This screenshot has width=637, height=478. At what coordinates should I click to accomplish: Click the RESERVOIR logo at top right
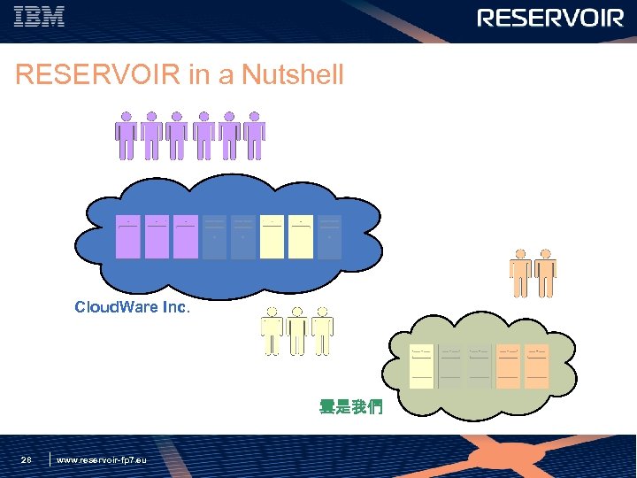pyautogui.click(x=550, y=18)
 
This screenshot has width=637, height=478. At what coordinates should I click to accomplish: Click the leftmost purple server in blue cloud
pyautogui.click(x=128, y=236)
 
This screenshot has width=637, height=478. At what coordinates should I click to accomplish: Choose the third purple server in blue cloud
pyautogui.click(x=186, y=236)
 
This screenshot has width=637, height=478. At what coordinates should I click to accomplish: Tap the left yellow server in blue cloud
pyautogui.click(x=272, y=236)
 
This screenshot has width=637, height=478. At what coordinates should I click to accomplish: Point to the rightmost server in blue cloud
pyautogui.click(x=329, y=236)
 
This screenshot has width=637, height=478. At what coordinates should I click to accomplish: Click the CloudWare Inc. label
pyautogui.click(x=133, y=308)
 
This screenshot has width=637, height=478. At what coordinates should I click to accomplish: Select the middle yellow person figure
pyautogui.click(x=297, y=331)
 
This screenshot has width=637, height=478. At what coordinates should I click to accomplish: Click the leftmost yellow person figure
pyautogui.click(x=272, y=331)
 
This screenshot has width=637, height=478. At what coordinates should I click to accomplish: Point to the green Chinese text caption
pyautogui.click(x=350, y=408)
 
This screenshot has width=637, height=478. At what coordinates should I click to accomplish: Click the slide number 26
pyautogui.click(x=27, y=459)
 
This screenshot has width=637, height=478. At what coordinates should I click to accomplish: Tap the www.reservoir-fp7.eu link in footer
pyautogui.click(x=101, y=459)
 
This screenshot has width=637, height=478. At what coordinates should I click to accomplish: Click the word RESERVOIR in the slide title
pyautogui.click(x=97, y=75)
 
